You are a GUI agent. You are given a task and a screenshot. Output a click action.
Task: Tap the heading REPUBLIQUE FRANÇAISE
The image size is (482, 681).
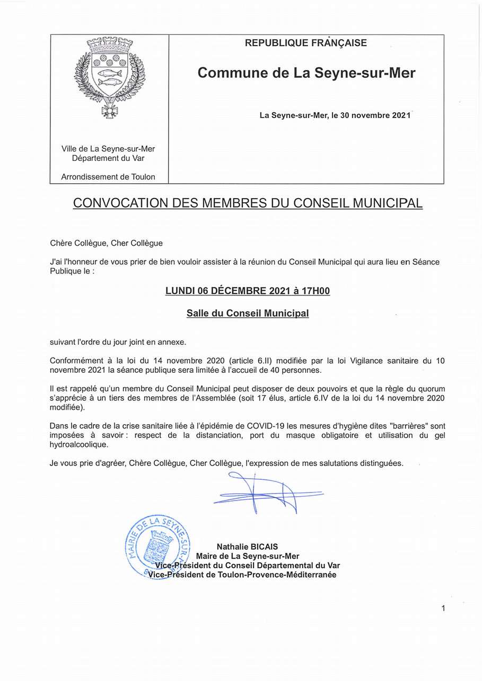306,43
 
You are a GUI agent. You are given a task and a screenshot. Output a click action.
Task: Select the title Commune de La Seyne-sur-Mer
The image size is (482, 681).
306,73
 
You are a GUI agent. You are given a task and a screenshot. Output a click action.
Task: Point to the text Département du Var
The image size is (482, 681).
108,158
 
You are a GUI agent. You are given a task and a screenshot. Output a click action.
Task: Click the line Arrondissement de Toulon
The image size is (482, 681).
108,177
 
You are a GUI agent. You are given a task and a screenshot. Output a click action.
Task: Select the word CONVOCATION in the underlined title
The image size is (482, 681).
120,203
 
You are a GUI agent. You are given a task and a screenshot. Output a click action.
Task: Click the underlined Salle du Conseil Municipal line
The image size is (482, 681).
248,313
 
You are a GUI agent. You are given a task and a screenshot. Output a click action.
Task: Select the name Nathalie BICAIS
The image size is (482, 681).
247,546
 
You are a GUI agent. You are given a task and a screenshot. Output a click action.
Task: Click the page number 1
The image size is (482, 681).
443,608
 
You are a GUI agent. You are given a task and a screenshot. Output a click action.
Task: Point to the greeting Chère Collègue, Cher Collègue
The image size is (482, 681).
107,244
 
